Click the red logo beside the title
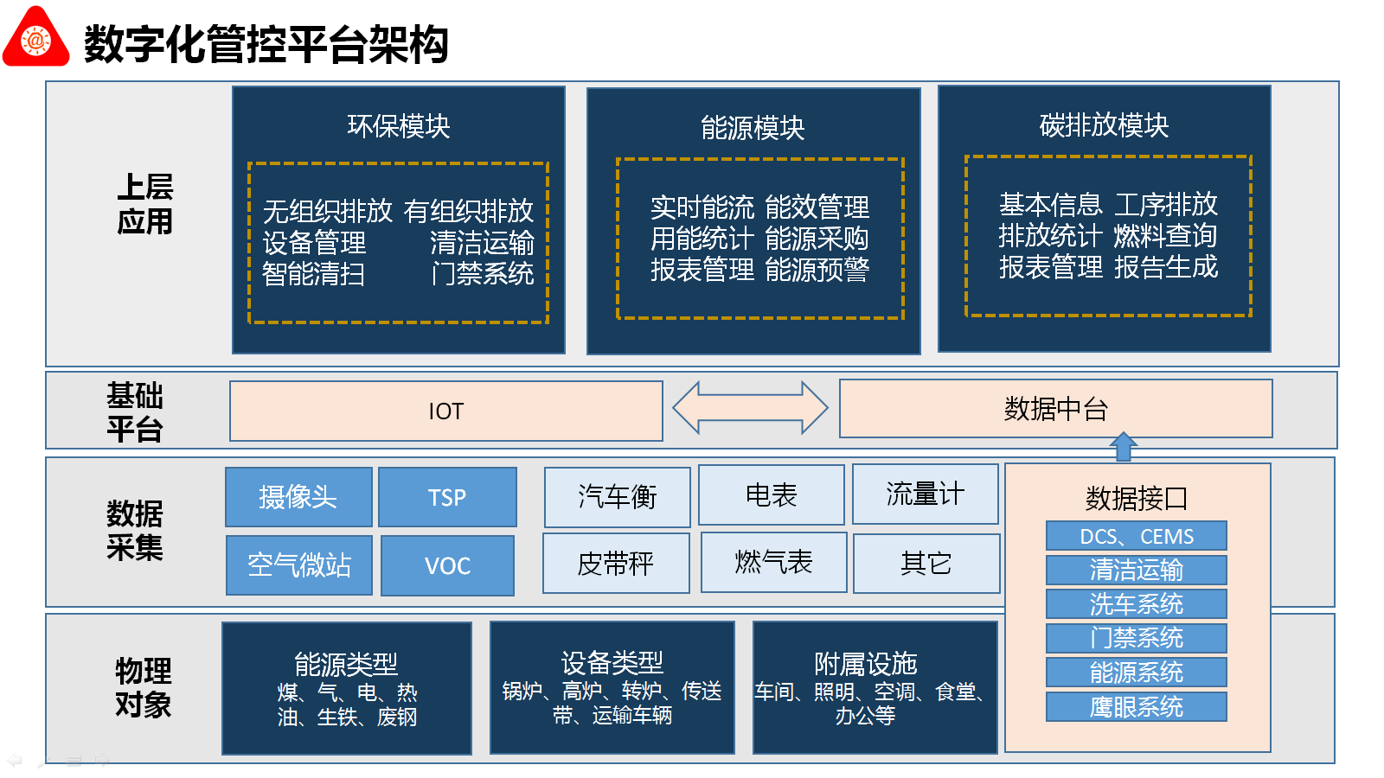(35, 37)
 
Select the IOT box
(446, 411)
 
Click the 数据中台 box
(1056, 408)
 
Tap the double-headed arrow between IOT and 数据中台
(750, 407)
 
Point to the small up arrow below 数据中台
(1124, 446)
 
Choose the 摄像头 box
(298, 497)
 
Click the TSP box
(447, 497)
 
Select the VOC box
(447, 565)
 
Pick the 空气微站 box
(299, 565)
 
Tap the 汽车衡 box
(618, 497)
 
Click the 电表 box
(771, 494)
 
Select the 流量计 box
(926, 494)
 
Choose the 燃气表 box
(773, 563)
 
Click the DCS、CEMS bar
(1137, 535)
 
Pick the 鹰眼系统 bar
(1137, 706)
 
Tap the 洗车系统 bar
(1137, 603)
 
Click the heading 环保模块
(399, 126)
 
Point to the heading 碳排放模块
(1104, 124)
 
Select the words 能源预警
(817, 270)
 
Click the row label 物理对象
(144, 687)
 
